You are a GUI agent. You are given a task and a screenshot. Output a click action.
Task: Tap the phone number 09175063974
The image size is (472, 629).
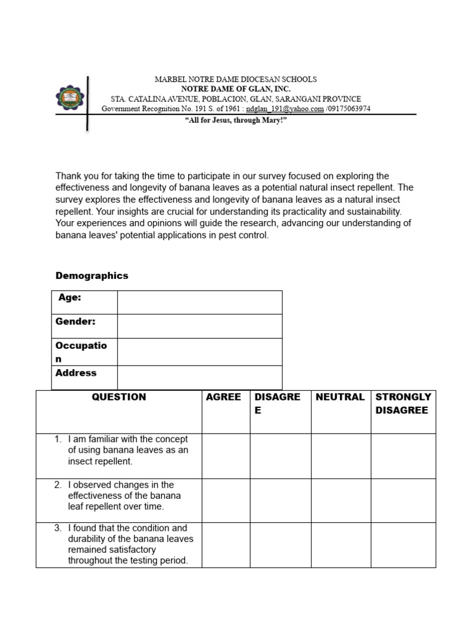[350, 109]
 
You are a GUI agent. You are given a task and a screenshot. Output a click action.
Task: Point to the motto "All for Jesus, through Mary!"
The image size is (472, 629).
[236, 120]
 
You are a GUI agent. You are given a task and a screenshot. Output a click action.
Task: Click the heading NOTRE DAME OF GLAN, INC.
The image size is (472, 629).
[235, 89]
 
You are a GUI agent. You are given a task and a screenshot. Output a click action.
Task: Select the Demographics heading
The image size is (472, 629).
[92, 276]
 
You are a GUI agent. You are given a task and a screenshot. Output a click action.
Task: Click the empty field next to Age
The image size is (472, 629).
[199, 302]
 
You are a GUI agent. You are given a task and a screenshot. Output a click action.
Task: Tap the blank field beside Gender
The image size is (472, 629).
[199, 326]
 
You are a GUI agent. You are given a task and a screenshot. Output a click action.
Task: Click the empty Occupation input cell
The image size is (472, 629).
[199, 351]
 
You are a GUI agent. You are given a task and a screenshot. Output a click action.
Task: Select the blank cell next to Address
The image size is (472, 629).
[199, 377]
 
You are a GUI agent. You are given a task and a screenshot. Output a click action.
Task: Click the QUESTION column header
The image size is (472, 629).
[119, 397]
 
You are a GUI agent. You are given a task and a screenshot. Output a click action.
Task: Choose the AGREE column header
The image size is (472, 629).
[223, 397]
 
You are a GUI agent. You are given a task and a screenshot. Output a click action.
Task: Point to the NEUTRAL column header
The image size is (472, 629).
[340, 397]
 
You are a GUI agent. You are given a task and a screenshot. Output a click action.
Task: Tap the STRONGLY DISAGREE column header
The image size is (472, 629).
[403, 404]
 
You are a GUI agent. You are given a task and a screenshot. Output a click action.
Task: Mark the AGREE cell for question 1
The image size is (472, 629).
[226, 456]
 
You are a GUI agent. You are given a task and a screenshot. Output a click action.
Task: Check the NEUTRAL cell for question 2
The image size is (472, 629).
[340, 500]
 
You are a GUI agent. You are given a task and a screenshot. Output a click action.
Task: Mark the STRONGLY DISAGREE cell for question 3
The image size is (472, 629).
[403, 545]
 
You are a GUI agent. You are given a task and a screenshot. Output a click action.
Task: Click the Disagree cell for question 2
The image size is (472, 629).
[280, 500]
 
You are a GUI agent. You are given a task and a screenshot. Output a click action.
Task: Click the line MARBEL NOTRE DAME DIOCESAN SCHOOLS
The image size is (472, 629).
[235, 79]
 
